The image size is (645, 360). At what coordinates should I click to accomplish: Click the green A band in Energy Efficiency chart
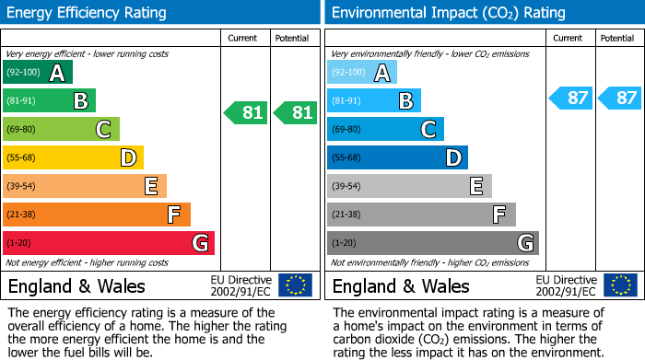(x=38, y=73)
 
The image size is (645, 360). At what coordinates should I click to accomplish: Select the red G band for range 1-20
(x=108, y=243)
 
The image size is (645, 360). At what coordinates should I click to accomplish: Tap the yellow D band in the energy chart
(x=73, y=158)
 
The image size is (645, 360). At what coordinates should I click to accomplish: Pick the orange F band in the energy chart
(x=97, y=215)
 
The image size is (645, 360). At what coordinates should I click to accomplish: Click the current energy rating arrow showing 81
(x=246, y=113)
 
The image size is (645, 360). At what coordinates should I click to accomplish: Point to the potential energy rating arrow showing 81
(x=296, y=113)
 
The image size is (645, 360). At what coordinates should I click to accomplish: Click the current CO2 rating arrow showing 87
(x=570, y=98)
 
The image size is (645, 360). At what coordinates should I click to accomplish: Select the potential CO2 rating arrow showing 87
(x=619, y=98)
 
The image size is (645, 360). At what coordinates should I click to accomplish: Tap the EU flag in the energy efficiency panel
(x=295, y=285)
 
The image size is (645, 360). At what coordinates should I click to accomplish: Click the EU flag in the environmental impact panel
(x=619, y=285)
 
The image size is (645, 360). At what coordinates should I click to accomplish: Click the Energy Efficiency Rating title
(x=88, y=13)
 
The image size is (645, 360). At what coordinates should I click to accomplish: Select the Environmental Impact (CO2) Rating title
(x=448, y=13)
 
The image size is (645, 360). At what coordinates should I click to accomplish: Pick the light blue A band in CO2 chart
(x=362, y=73)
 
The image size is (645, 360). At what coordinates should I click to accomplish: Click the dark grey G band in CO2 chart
(x=432, y=243)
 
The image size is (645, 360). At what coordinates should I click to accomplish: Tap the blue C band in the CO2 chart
(x=385, y=130)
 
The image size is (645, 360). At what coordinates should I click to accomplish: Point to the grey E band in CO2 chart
(x=409, y=187)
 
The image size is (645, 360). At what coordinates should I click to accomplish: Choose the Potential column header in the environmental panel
(x=617, y=38)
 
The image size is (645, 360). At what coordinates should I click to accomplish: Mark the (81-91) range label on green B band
(x=22, y=101)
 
